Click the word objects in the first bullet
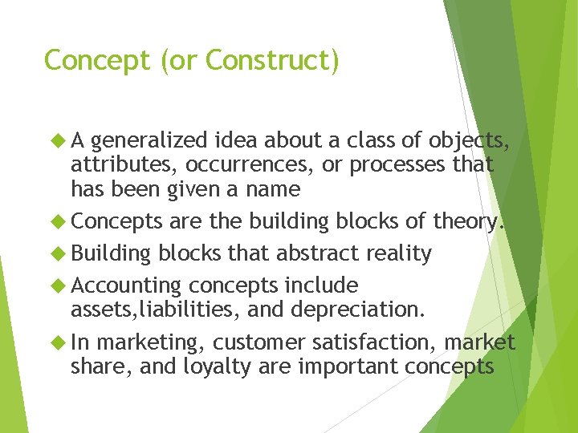(469, 142)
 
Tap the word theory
(470, 221)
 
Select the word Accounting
(126, 286)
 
